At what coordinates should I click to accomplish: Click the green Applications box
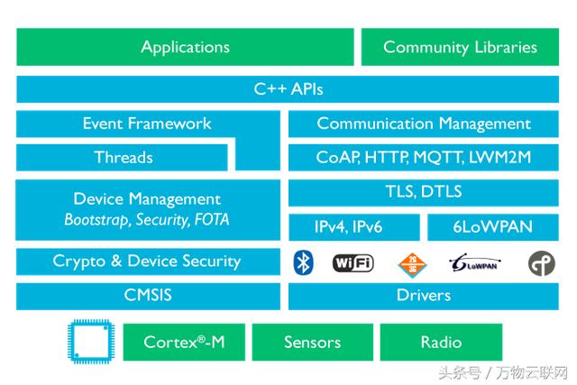click(185, 47)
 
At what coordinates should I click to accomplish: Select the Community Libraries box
click(460, 47)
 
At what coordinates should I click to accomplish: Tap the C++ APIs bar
click(288, 89)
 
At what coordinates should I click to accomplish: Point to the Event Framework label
click(147, 124)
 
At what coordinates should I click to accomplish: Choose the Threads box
click(124, 158)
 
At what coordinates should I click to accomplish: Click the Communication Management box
click(424, 124)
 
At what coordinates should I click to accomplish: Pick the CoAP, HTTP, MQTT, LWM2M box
click(424, 158)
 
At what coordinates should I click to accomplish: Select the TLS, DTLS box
click(424, 192)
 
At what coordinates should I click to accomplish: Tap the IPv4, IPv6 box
click(353, 227)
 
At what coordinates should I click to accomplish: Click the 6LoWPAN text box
click(493, 227)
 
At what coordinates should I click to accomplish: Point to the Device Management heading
click(147, 199)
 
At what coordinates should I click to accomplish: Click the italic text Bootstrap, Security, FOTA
click(147, 219)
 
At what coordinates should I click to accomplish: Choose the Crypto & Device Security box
click(147, 261)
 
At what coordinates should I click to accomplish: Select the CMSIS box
click(147, 295)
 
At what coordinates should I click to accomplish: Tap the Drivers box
click(424, 295)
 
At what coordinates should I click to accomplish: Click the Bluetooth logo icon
click(304, 262)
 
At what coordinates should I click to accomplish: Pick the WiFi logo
click(353, 262)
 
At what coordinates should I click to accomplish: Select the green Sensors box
click(312, 343)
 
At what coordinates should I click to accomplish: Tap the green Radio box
click(441, 343)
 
